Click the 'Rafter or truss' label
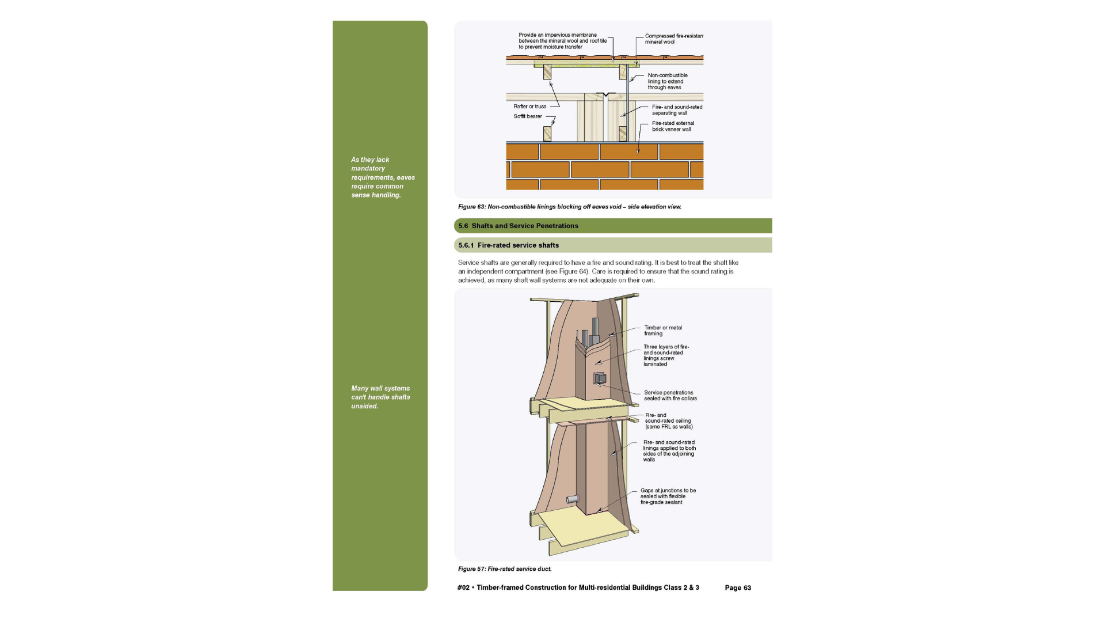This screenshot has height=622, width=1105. (x=530, y=107)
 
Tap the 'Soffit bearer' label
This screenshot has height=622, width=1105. (x=528, y=116)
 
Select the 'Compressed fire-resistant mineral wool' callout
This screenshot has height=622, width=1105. (x=674, y=39)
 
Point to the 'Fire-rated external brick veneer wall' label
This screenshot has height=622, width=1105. (x=673, y=126)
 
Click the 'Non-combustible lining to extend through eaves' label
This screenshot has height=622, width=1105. (x=668, y=81)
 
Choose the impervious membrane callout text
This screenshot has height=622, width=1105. (x=562, y=41)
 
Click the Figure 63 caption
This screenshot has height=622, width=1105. (x=570, y=207)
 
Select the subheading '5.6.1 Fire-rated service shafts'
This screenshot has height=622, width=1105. (x=508, y=245)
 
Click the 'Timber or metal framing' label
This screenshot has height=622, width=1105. (x=663, y=331)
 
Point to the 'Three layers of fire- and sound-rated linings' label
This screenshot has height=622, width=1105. (x=666, y=355)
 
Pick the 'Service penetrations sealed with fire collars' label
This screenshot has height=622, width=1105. (x=670, y=396)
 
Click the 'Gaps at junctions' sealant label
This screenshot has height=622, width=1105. (x=668, y=496)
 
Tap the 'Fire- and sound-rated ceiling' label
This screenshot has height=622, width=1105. (x=669, y=421)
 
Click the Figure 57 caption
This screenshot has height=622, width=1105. (x=505, y=569)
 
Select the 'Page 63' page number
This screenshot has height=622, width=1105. (x=738, y=588)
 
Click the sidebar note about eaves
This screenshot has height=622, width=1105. (x=383, y=177)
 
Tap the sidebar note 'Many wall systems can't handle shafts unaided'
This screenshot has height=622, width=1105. (x=380, y=397)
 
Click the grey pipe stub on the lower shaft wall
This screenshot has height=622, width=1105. (x=572, y=499)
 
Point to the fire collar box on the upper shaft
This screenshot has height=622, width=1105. (x=600, y=378)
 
